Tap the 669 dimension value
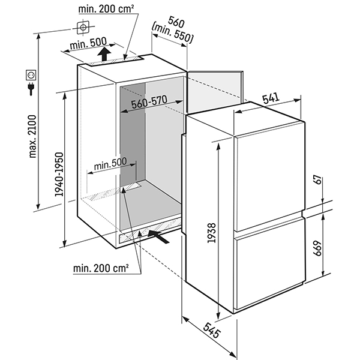[318, 247]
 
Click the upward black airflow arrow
[105, 56]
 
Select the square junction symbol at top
[82, 27]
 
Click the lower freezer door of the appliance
[268, 273]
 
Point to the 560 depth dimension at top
[175, 22]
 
